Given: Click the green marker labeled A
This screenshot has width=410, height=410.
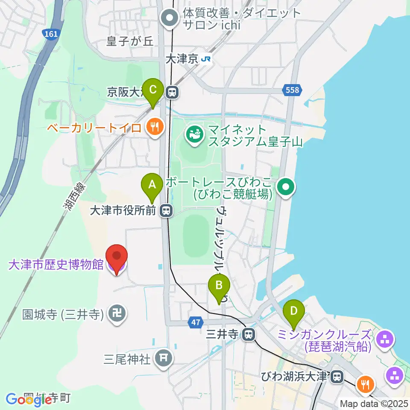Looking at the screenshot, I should click(x=152, y=185).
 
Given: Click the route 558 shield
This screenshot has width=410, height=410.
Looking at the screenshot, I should click(x=293, y=90).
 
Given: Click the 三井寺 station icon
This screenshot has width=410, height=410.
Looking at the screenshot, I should click(x=248, y=335).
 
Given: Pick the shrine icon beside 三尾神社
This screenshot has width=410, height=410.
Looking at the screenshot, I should click(x=163, y=358).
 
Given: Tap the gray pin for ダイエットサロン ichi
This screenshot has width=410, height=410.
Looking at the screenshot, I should click(x=170, y=19).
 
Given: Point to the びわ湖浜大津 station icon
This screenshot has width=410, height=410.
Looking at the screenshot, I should click(x=337, y=377).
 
